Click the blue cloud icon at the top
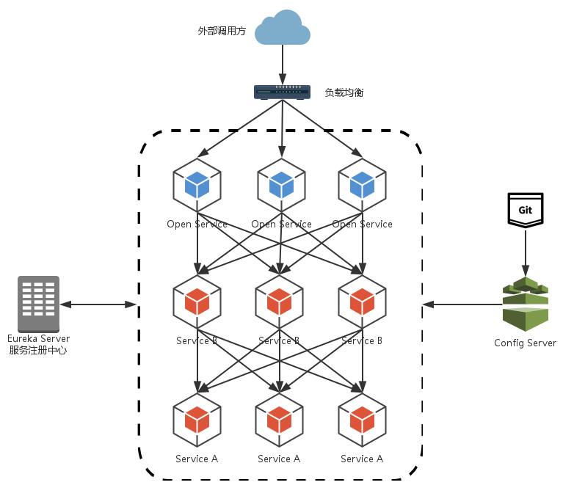click(x=283, y=29)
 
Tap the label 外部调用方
click(x=222, y=32)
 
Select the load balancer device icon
click(x=283, y=92)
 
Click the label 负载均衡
click(x=344, y=92)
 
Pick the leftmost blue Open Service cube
click(x=197, y=184)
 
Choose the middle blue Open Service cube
click(x=281, y=184)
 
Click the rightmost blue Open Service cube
click(x=362, y=184)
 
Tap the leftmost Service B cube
click(x=197, y=301)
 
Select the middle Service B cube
click(x=279, y=301)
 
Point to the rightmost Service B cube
click(x=362, y=301)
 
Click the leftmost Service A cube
click(x=197, y=419)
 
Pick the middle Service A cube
click(x=279, y=419)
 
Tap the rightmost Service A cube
click(x=362, y=419)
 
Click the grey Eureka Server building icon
click(x=39, y=304)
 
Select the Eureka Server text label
click(x=39, y=339)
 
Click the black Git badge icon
click(x=525, y=210)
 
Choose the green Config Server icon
click(x=526, y=304)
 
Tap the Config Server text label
click(x=525, y=343)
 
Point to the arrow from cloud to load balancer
click(x=283, y=65)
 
